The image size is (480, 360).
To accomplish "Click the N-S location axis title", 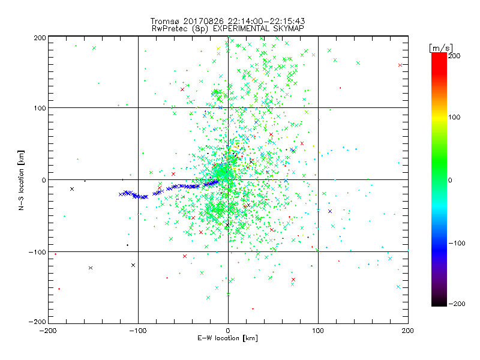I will coord(22,180).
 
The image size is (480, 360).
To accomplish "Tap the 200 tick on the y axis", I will coord(39,37).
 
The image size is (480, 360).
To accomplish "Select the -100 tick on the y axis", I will coord(37,252).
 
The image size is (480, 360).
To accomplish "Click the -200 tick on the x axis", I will coord(48,331).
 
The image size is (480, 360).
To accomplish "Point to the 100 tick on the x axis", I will coord(318,331).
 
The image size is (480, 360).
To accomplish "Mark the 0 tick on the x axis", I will coord(228,331).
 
